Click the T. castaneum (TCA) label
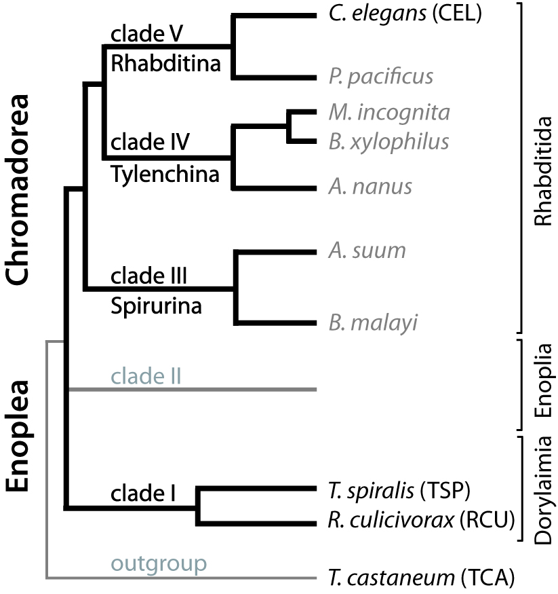pos(416,578)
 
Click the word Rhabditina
pos(166,64)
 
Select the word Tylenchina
pos(165,174)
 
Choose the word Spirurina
pos(157,306)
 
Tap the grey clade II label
pos(146,375)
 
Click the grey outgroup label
pos(159,563)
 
